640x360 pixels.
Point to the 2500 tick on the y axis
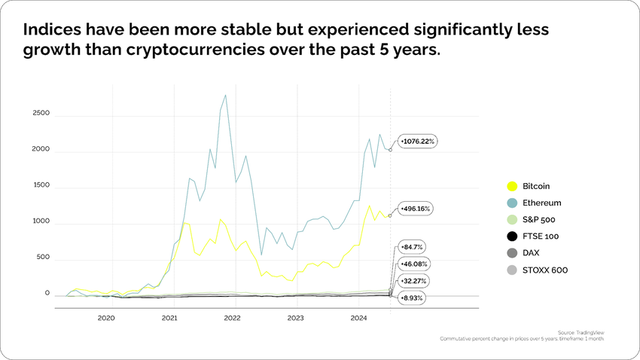point(41,113)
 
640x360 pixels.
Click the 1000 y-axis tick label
point(41,221)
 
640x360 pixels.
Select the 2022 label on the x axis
point(232,318)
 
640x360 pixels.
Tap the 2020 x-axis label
point(106,318)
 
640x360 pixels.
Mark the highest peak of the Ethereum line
point(226,95)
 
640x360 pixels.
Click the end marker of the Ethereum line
point(390,150)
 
